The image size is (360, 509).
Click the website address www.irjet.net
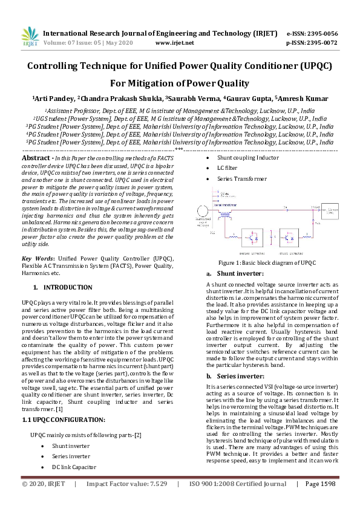click(x=174, y=43)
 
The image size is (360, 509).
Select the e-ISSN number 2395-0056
click(x=321, y=33)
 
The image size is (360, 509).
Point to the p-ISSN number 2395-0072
click(x=321, y=43)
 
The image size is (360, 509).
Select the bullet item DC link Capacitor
click(x=74, y=467)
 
